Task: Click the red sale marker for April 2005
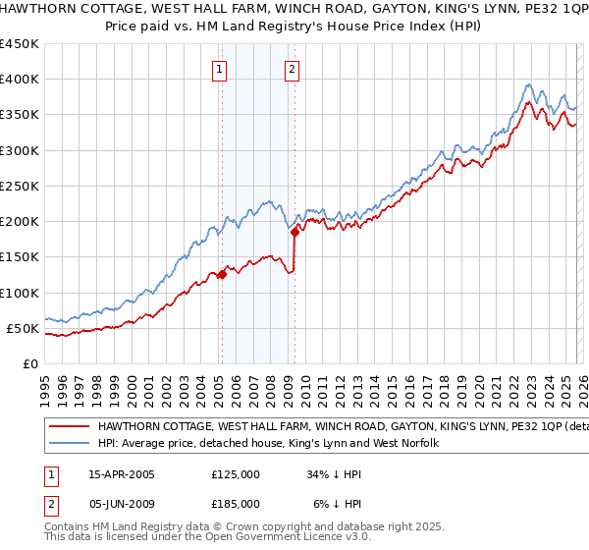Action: tap(222, 275)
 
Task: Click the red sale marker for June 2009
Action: tap(294, 233)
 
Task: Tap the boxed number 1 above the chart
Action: tap(218, 69)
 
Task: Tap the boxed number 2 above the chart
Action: tap(293, 69)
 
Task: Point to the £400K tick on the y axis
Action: tap(20, 80)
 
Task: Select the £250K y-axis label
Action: tap(20, 186)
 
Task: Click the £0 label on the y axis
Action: tap(31, 363)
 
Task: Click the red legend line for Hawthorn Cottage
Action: tap(70, 427)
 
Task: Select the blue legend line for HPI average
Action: tap(70, 444)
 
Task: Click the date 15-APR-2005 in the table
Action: tap(122, 473)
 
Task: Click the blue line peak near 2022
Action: tap(529, 84)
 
